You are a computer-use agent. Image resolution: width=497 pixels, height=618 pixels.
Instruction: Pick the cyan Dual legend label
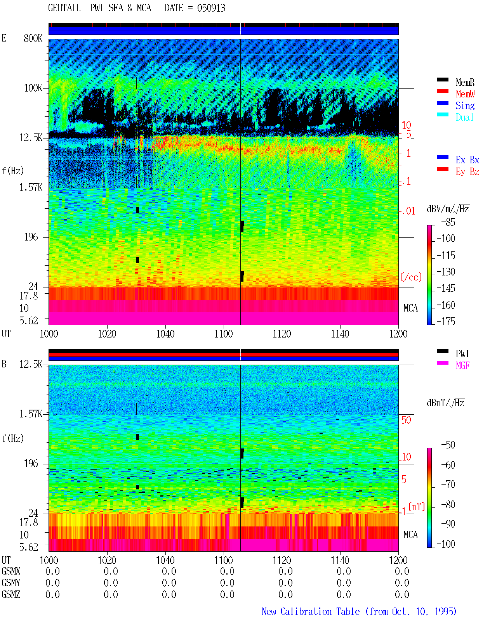click(x=464, y=117)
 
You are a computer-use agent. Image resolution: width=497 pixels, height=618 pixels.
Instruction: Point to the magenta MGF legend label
click(x=462, y=365)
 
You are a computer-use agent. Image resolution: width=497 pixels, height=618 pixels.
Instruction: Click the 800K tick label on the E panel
click(x=33, y=38)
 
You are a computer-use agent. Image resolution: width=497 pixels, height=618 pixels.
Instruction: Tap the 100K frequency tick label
click(x=33, y=88)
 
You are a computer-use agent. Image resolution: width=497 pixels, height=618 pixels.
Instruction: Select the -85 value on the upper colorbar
click(x=448, y=222)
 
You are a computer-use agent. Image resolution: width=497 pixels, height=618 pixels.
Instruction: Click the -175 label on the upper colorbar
click(x=446, y=321)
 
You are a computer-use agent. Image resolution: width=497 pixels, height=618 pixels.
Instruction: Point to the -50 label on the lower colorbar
click(x=448, y=445)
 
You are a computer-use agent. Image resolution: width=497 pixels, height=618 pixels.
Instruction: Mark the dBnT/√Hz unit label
click(x=445, y=403)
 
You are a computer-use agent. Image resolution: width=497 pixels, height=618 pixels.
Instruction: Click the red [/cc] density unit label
click(x=411, y=277)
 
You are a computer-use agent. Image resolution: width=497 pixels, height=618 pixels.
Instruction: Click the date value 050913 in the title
click(x=211, y=8)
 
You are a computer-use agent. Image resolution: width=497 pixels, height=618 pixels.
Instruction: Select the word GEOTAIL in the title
click(x=64, y=8)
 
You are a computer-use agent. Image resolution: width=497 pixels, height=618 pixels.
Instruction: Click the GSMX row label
click(x=11, y=571)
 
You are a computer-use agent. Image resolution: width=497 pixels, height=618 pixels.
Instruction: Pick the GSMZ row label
click(x=11, y=594)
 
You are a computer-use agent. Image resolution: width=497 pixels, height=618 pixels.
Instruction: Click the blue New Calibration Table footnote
click(x=359, y=611)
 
